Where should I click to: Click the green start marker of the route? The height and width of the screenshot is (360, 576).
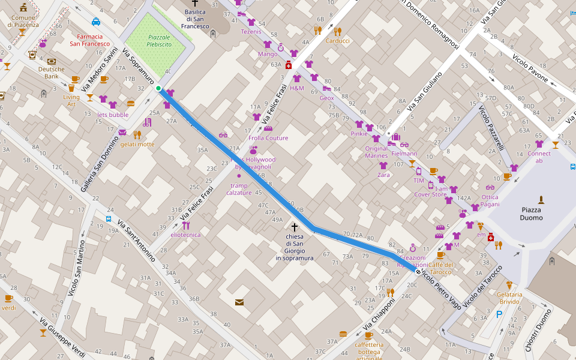coord(158,89)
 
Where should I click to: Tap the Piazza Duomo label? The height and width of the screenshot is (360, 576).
coord(531,214)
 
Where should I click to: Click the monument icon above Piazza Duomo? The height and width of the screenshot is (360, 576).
coord(541,199)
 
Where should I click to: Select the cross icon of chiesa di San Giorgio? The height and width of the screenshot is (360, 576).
coord(294,227)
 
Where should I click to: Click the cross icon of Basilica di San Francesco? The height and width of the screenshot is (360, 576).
coord(195,3)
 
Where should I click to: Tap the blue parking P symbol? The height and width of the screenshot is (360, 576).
coord(499,314)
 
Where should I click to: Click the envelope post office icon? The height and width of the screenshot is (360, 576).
coord(239,302)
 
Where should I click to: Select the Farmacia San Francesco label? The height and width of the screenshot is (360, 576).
coord(90,40)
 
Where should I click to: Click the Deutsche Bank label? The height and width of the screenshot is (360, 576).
coord(52,73)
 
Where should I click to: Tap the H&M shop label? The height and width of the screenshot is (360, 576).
coord(297,88)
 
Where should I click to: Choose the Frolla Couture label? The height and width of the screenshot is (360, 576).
coord(268,138)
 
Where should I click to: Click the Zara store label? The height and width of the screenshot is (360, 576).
coord(383,175)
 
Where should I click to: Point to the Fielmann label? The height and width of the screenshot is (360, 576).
coord(404,154)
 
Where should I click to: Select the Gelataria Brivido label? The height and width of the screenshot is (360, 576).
coord(509,298)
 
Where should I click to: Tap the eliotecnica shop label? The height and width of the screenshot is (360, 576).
coord(185,235)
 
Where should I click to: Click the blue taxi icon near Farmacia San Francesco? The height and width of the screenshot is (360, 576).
coord(96,22)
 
